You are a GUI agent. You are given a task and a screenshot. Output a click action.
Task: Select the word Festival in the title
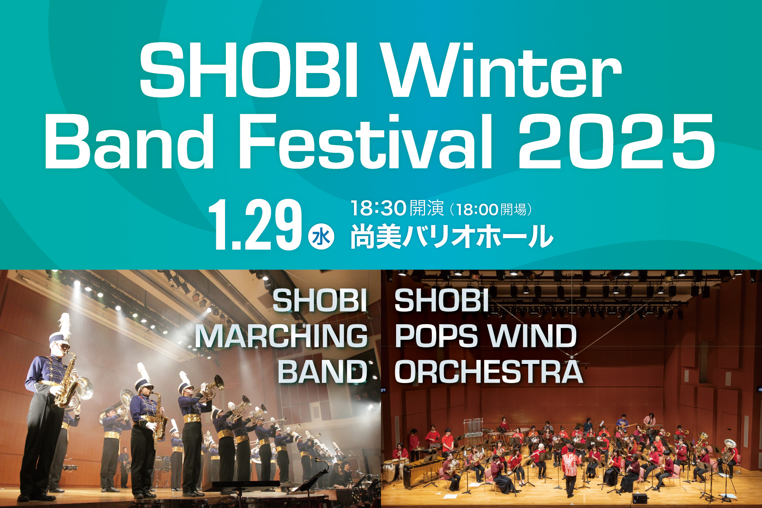[x=365, y=141]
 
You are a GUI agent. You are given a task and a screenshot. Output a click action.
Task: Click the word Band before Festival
[x=129, y=141]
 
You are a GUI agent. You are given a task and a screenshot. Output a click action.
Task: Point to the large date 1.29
[x=254, y=225]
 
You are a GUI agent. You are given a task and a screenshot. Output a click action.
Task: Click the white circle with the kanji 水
[x=321, y=237]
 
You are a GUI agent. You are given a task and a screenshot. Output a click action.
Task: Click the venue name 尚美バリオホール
[x=452, y=237]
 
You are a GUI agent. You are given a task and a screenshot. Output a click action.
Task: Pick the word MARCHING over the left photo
[x=281, y=336]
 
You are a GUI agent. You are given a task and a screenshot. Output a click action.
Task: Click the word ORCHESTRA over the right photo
[x=489, y=372]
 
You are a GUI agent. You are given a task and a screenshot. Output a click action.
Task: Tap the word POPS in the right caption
[x=436, y=336]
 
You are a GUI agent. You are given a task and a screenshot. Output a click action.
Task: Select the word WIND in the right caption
[x=532, y=336]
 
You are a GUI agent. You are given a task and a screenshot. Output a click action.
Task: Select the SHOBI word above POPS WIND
[x=441, y=300]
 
